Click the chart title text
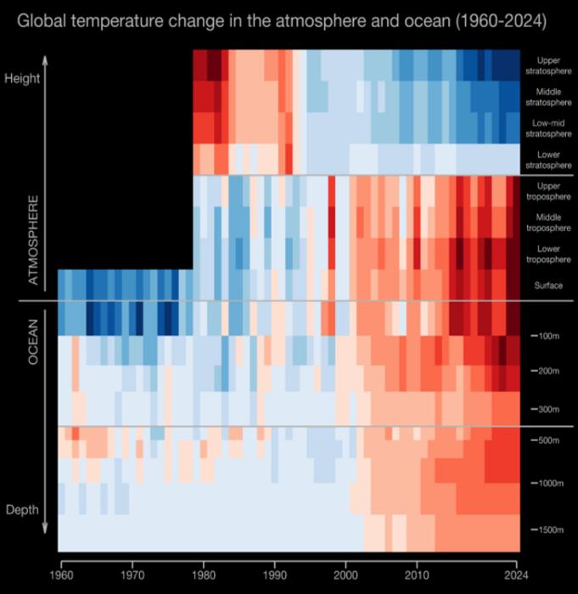(x=281, y=19)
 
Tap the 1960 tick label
(x=60, y=574)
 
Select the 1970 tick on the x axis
(x=132, y=574)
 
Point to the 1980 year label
(x=203, y=574)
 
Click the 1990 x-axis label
(x=274, y=574)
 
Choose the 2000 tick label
(x=345, y=574)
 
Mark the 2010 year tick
(x=417, y=574)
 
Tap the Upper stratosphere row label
(x=548, y=65)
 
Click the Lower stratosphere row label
(x=548, y=160)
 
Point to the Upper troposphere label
(x=548, y=191)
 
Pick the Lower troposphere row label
(x=548, y=254)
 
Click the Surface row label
(x=548, y=285)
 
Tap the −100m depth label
(x=547, y=336)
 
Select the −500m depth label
(x=547, y=440)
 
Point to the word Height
(x=22, y=76)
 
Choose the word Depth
(x=23, y=509)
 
